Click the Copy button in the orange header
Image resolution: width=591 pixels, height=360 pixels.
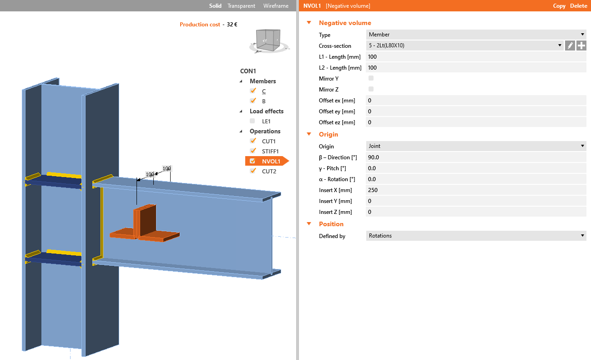tap(559, 6)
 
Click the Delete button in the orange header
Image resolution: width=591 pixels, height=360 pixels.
tap(579, 6)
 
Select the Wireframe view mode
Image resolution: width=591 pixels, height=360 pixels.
tap(276, 6)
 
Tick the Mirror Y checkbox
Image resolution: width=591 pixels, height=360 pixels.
tap(371, 78)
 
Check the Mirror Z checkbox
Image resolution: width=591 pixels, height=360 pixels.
tap(371, 89)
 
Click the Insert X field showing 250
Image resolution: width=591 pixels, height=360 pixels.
tap(475, 190)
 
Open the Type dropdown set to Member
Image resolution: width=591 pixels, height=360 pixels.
tap(475, 35)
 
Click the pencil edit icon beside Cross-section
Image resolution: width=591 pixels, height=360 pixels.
tap(570, 46)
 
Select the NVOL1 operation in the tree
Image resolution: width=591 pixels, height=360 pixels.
tap(271, 161)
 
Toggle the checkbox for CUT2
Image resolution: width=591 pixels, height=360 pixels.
tap(253, 171)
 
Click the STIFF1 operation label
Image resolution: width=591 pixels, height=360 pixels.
tap(270, 151)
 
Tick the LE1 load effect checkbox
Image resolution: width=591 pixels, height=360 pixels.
tap(253, 121)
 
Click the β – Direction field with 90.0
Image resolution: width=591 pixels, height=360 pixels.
tap(475, 157)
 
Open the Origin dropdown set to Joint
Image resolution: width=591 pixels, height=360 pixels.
tap(475, 146)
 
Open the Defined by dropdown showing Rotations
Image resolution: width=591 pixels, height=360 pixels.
tap(475, 236)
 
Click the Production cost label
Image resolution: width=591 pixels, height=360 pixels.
tap(200, 25)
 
